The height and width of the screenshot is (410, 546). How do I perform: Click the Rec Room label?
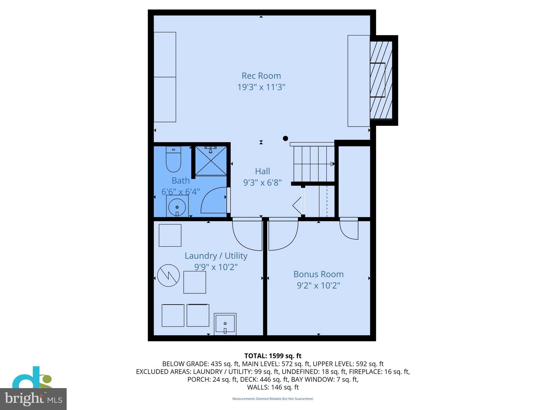click(261, 76)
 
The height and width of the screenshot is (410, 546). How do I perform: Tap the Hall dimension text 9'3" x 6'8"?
click(262, 183)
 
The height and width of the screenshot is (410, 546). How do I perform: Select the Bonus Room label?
click(318, 274)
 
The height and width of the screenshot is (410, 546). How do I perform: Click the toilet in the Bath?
click(173, 160)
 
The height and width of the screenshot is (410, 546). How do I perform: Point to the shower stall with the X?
click(211, 161)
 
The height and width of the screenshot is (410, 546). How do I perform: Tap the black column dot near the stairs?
click(285, 138)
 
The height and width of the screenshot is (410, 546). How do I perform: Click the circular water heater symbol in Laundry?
click(168, 275)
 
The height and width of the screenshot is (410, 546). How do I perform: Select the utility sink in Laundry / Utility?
click(225, 324)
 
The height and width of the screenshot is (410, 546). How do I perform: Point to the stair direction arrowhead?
click(332, 164)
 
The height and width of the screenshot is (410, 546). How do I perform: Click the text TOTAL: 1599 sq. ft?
click(273, 356)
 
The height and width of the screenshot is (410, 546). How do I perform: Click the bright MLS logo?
click(33, 399)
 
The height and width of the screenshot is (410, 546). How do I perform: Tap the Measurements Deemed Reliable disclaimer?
click(273, 399)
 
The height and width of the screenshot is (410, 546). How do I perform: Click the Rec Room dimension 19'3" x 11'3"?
click(261, 87)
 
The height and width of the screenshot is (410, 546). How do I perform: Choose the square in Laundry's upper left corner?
click(170, 235)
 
